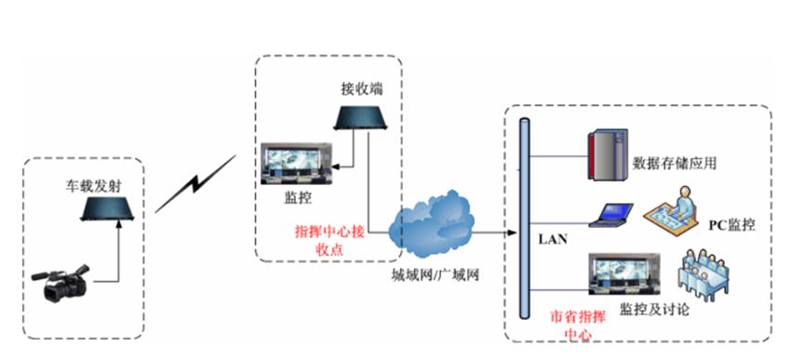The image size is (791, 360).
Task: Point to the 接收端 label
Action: (361, 89)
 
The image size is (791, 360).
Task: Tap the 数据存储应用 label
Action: (674, 164)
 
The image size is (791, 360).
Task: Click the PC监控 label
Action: (731, 225)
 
